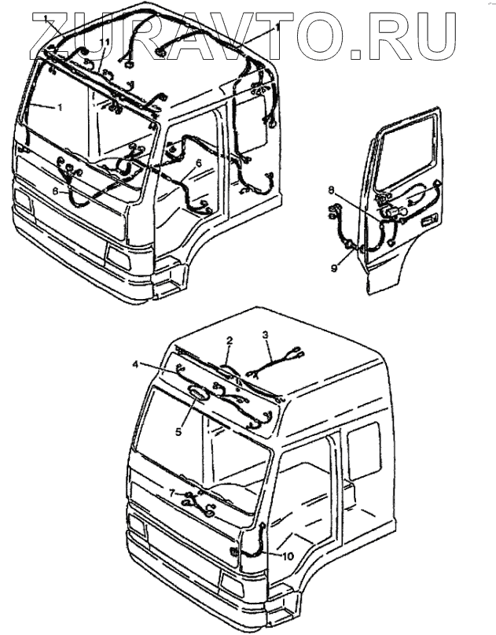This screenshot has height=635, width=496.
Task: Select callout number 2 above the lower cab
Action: pyautogui.click(x=229, y=341)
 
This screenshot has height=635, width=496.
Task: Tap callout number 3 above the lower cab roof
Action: pyautogui.click(x=266, y=336)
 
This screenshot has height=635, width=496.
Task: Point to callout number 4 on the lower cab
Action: pyautogui.click(x=136, y=364)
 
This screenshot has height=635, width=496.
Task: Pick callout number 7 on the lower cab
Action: pyautogui.click(x=172, y=493)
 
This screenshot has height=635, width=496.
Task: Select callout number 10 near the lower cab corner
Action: pyautogui.click(x=288, y=556)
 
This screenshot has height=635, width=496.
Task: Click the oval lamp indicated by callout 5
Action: pyautogui.click(x=198, y=395)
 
